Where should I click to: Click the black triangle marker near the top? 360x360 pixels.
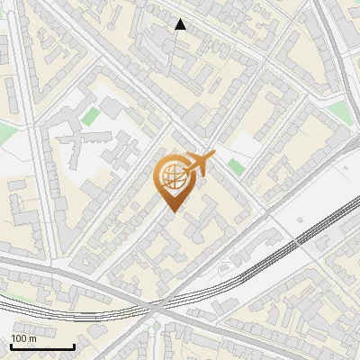point(181,24)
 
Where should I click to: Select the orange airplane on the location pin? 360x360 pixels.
point(200,164)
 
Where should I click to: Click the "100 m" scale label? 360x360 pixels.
point(24,338)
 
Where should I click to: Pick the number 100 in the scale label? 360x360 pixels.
point(20,338)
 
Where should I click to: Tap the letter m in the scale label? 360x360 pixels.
point(34,338)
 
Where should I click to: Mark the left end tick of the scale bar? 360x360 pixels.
point(10,346)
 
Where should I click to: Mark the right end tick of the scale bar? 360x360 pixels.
point(74,346)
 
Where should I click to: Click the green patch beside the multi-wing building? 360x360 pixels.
point(91,115)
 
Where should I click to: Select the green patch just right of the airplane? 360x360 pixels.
point(236,166)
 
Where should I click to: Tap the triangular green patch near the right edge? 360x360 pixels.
point(337,109)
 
